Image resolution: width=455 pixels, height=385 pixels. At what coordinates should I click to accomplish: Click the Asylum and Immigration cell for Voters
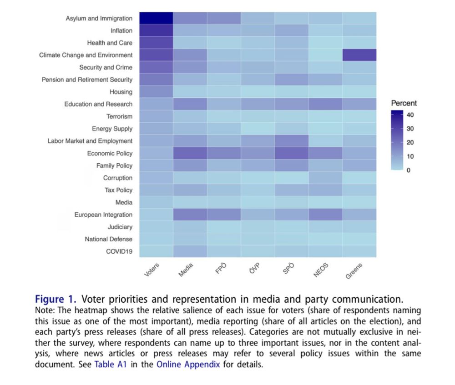156,18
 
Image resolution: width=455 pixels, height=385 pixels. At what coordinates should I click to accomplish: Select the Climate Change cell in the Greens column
359,55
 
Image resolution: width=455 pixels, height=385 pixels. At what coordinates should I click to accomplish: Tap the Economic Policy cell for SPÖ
291,153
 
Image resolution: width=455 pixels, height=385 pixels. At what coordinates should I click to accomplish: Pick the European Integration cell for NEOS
325,215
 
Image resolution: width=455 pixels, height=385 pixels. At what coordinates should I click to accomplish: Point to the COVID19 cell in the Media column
190,251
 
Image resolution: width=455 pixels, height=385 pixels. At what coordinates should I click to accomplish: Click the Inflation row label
121,30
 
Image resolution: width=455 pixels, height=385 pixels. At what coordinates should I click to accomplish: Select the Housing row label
121,92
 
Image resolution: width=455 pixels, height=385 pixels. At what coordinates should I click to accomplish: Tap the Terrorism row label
120,116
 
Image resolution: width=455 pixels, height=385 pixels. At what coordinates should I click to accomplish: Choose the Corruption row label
118,178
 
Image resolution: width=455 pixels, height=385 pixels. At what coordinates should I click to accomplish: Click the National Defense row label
109,239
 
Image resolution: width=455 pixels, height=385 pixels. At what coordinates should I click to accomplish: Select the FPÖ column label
221,269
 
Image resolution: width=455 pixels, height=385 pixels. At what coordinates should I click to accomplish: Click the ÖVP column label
255,269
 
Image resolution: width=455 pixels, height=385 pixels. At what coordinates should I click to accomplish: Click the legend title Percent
404,103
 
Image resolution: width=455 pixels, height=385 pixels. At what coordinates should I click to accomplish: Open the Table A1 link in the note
111,365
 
